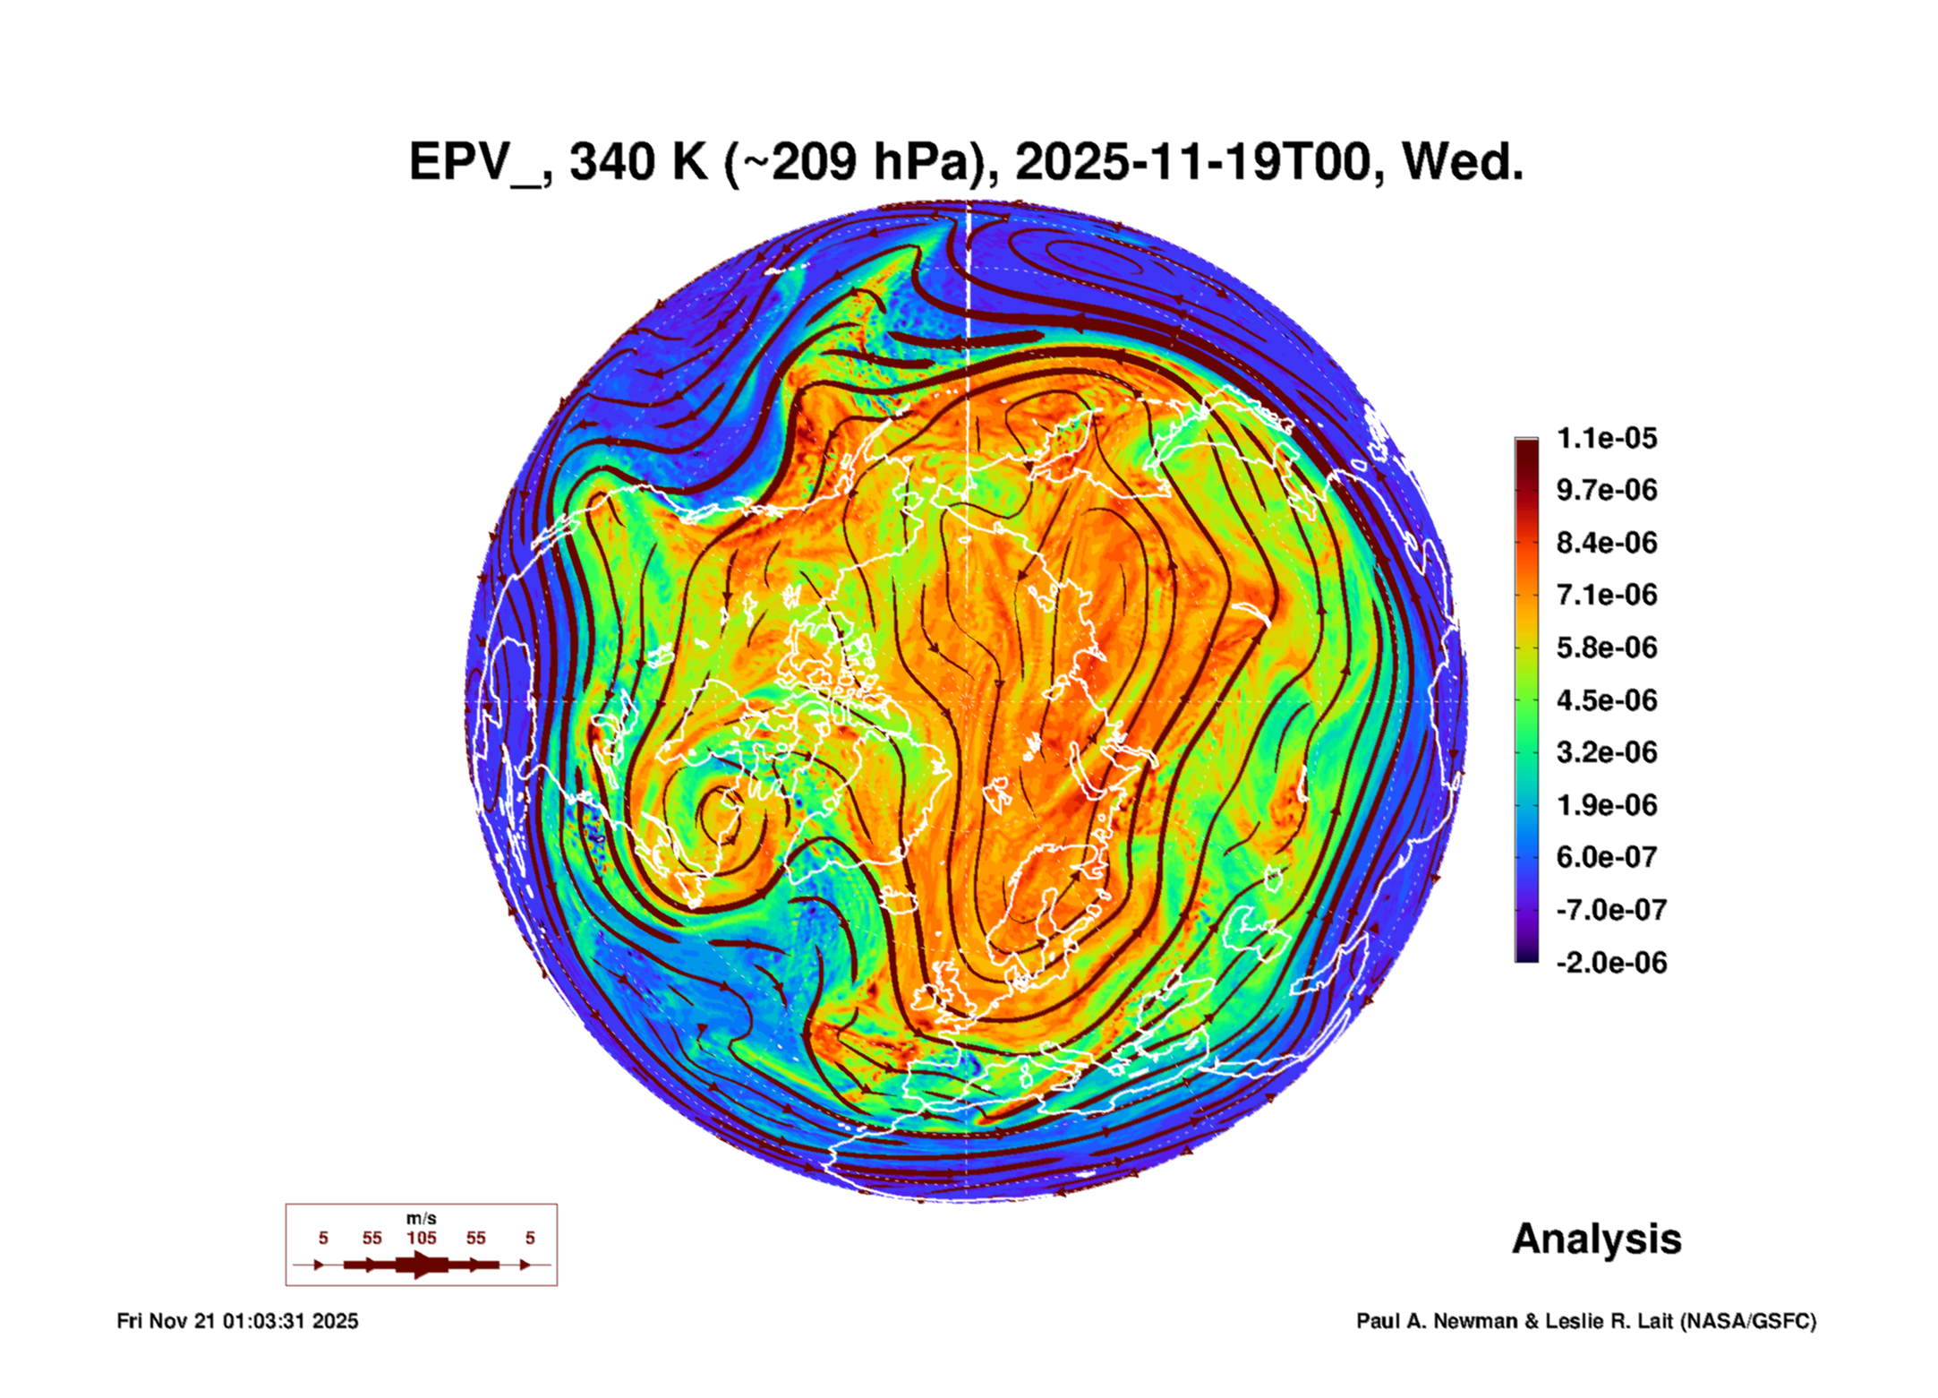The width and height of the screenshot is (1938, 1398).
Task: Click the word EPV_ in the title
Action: (x=474, y=162)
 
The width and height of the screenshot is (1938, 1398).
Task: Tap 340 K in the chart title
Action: (x=638, y=162)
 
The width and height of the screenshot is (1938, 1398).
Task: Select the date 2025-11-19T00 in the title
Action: (x=1193, y=162)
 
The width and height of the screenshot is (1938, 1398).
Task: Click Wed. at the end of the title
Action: (x=1462, y=162)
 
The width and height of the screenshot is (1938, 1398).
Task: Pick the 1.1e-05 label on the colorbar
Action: (x=1606, y=438)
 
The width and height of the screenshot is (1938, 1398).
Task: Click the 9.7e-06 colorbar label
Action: (x=1606, y=490)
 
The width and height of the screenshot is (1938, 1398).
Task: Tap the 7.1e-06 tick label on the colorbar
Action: (x=1606, y=595)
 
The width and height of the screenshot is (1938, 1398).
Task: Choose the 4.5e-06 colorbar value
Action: (x=1606, y=699)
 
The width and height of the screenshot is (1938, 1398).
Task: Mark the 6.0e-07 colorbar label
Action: (x=1606, y=857)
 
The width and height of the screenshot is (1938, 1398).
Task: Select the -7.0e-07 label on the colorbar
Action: (x=1610, y=910)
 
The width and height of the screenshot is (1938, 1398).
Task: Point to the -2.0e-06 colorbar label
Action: (x=1610, y=963)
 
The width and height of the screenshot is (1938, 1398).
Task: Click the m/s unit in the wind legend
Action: (x=421, y=1218)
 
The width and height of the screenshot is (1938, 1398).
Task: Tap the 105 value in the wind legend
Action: (x=421, y=1238)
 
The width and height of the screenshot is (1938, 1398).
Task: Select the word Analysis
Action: (x=1596, y=1239)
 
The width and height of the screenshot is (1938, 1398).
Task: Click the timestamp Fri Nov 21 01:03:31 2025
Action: (x=237, y=1321)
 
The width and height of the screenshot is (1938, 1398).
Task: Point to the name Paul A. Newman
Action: (x=1436, y=1321)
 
